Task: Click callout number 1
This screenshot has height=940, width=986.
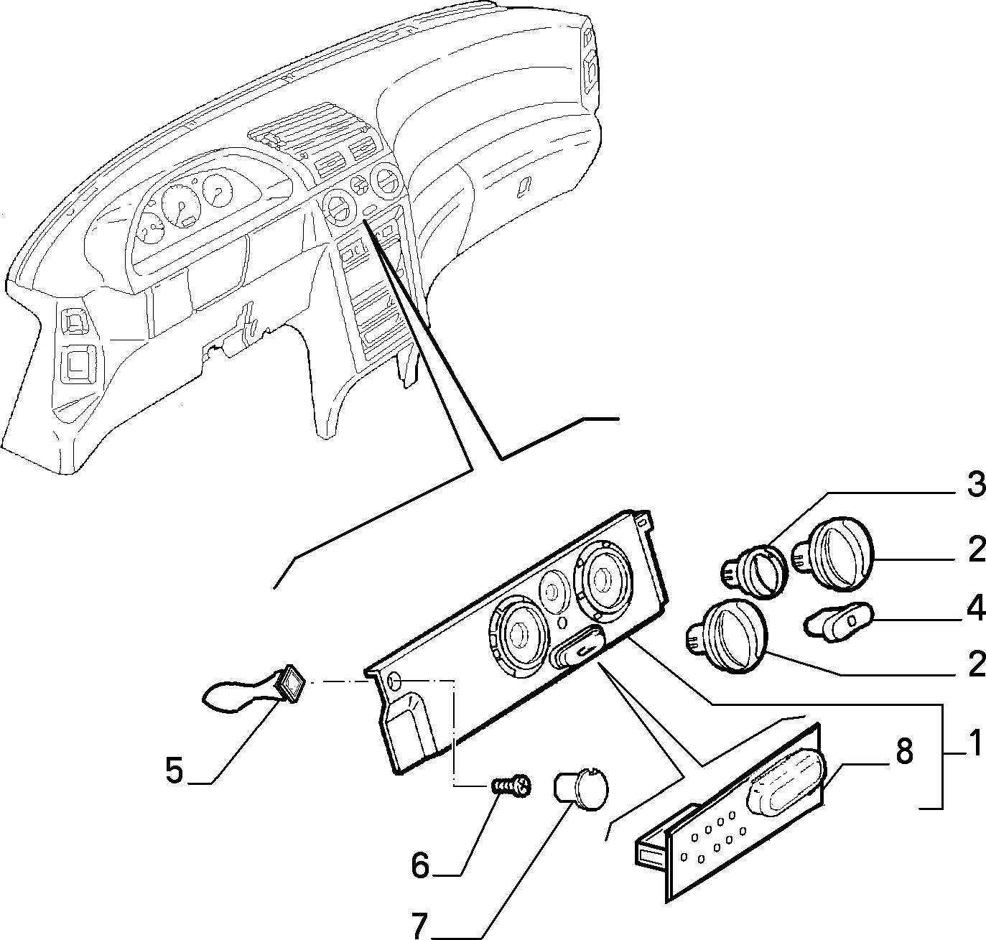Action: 975,744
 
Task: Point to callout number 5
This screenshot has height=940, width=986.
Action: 175,769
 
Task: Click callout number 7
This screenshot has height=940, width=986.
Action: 419,926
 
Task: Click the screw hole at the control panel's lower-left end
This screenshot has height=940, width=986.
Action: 394,681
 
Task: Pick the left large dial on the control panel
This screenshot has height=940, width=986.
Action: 516,636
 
